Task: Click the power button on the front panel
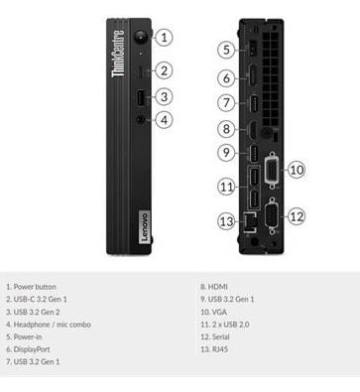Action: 141,37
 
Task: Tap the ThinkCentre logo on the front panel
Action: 118,54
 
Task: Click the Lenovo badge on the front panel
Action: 144,226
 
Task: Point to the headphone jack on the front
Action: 141,119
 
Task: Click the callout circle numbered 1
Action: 164,37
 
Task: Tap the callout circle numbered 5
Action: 226,50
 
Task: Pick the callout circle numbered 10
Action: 297,170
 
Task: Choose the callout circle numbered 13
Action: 227,221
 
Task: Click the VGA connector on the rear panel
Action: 272,171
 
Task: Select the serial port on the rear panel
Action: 272,216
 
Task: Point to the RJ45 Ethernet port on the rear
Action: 250,221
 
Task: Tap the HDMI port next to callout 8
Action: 253,130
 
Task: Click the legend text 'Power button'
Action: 35,287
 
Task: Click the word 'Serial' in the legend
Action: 220,337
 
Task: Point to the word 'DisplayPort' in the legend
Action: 32,349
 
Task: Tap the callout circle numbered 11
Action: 227,187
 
